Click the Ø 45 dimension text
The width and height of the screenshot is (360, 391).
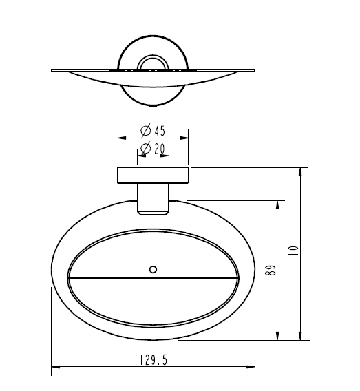[153, 130]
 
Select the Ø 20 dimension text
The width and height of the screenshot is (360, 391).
[153, 149]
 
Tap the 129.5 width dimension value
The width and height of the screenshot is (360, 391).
[153, 360]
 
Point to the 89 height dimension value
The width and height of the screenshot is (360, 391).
[271, 270]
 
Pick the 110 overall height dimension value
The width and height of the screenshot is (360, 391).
[293, 253]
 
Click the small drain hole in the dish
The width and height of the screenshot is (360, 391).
[153, 270]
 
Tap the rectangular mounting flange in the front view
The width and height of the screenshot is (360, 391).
[153, 176]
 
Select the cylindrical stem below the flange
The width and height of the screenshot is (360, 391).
[153, 199]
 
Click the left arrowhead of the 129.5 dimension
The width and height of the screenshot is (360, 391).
[56, 367]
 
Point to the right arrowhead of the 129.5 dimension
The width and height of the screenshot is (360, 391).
[251, 367]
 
